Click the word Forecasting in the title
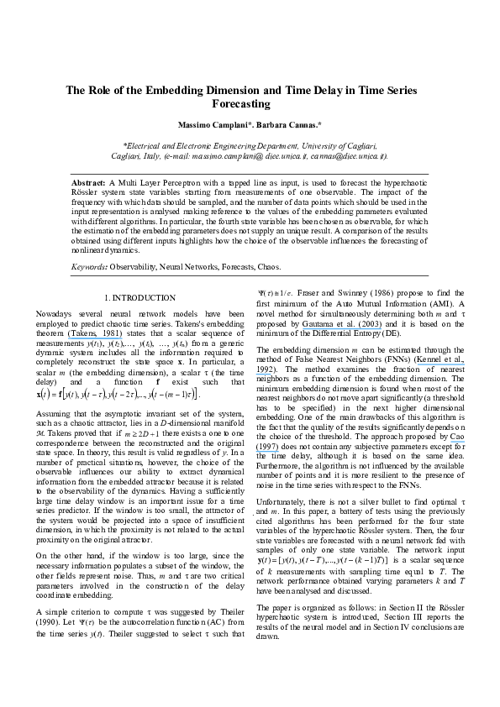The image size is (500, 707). click(249, 106)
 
